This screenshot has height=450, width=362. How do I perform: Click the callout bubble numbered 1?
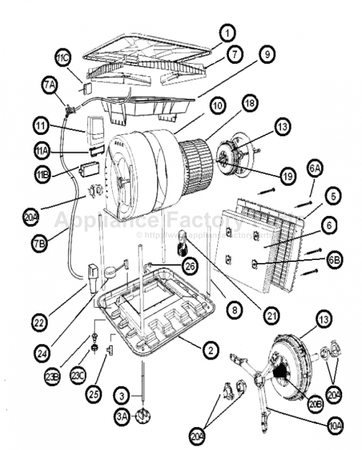pyautogui.click(x=228, y=33)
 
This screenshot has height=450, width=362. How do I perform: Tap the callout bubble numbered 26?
pyautogui.click(x=190, y=266)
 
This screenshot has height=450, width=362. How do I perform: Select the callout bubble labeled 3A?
pyautogui.click(x=123, y=417)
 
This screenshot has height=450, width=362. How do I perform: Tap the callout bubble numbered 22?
pyautogui.click(x=42, y=322)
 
